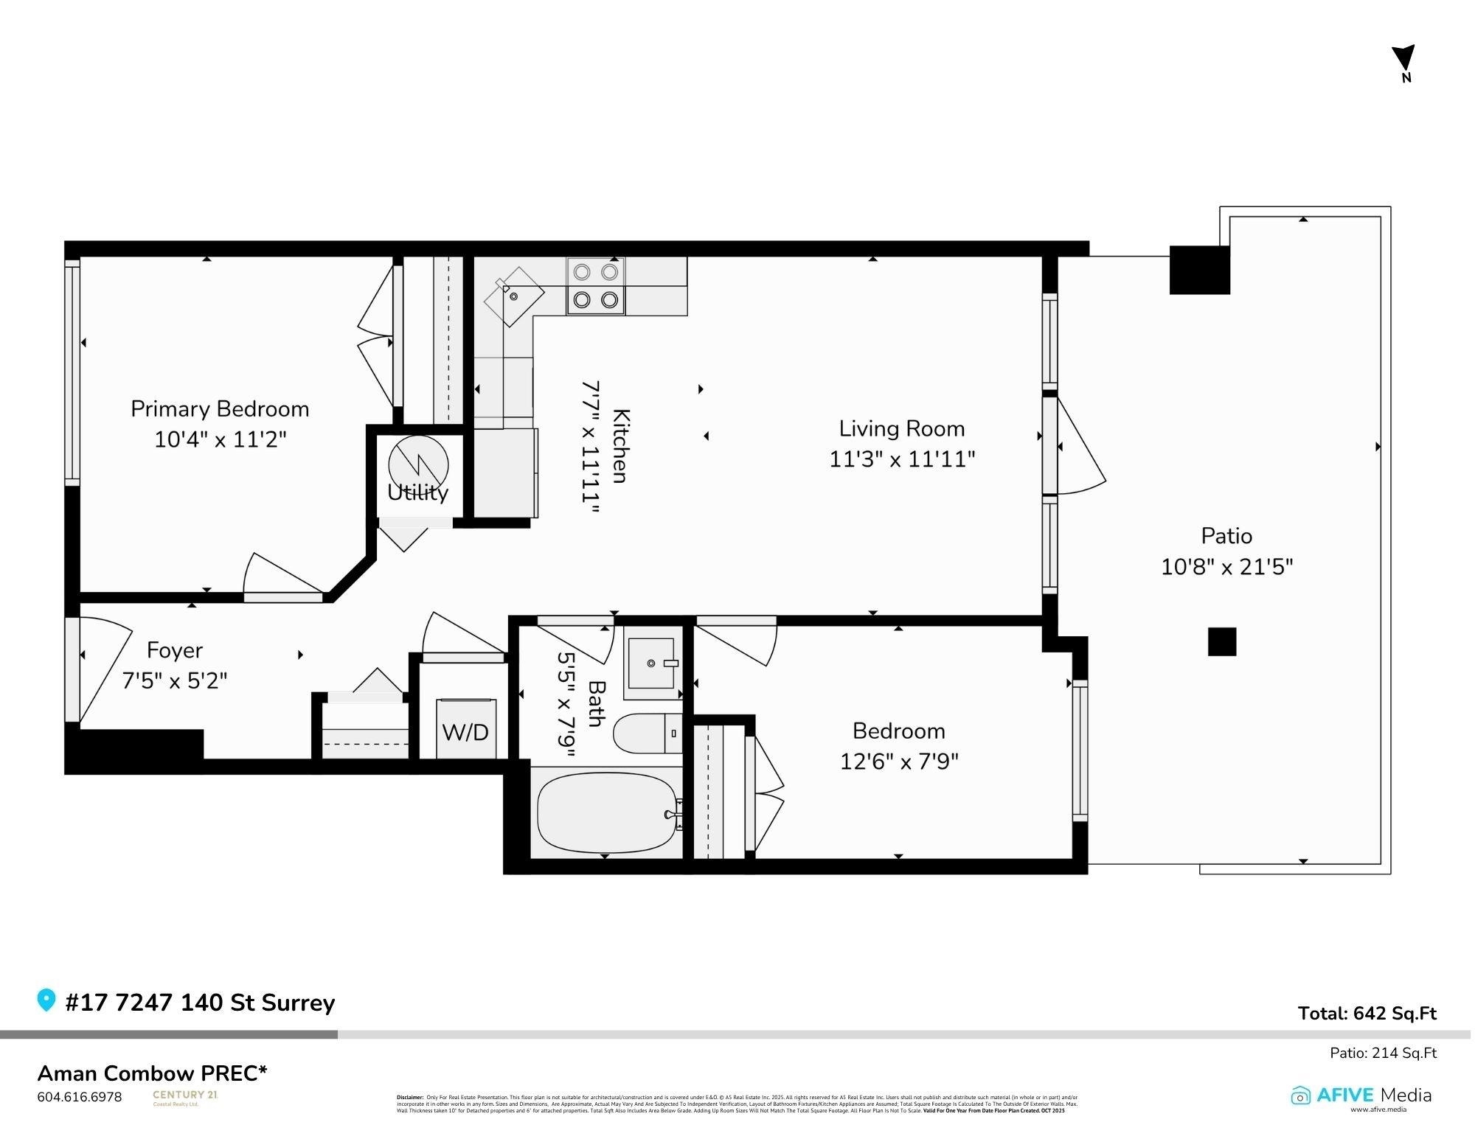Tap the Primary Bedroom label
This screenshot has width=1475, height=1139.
tap(220, 409)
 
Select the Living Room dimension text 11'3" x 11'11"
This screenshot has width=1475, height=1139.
tap(901, 459)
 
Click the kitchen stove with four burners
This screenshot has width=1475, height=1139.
tap(595, 286)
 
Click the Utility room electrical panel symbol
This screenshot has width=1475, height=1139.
tap(418, 465)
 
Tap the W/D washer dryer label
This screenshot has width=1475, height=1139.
tap(465, 732)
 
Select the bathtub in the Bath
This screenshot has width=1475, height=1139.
tap(606, 812)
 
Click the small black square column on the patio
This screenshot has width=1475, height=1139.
tap(1221, 641)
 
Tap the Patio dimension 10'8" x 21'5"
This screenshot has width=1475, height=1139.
tap(1226, 567)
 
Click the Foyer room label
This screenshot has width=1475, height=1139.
tap(175, 650)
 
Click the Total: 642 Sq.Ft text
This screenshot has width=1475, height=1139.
tap(1367, 1014)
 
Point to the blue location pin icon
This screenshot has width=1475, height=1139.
tap(46, 1000)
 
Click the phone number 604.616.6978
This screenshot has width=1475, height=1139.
tap(80, 1097)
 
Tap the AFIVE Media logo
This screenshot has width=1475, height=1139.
tap(1361, 1096)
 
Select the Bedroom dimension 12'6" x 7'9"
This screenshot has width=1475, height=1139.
tap(898, 761)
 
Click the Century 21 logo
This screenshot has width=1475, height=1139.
tap(184, 1098)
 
